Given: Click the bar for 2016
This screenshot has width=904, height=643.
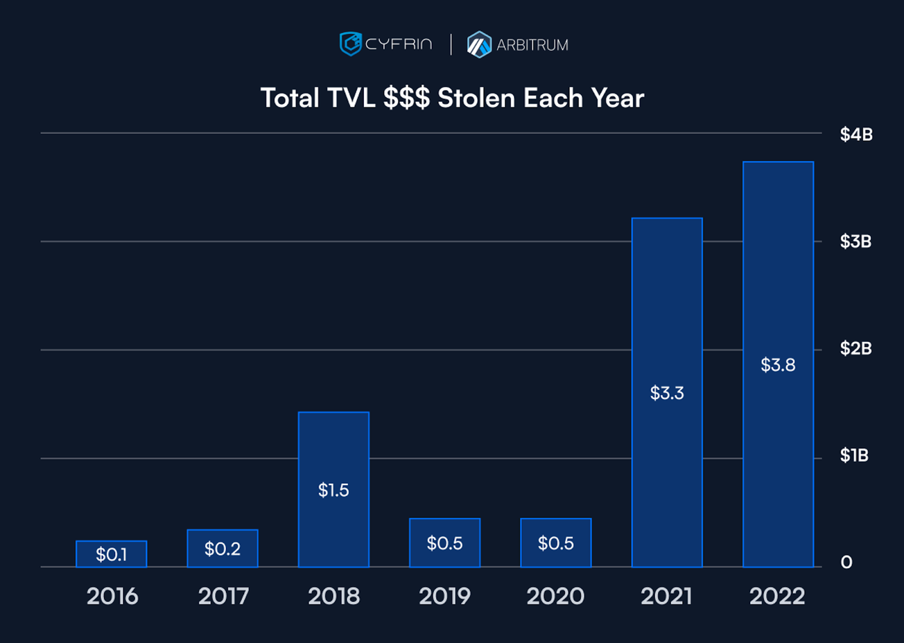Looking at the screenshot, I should [111, 554].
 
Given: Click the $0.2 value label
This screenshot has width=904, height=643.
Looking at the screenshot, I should [222, 549].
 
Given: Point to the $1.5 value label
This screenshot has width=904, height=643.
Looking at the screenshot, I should [333, 490].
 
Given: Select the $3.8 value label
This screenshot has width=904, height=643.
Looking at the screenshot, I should [778, 365].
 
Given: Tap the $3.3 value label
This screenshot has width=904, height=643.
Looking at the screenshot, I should [667, 393].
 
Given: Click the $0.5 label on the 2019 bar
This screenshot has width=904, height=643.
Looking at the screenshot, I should [445, 544].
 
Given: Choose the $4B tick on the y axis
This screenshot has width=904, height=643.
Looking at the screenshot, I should [856, 134].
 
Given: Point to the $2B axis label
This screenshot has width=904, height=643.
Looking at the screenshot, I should [856, 348].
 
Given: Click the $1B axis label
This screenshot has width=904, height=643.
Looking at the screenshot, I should [854, 456].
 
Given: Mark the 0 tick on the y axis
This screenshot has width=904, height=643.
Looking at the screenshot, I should [846, 562].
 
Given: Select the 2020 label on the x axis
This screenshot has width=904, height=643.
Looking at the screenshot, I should [555, 596].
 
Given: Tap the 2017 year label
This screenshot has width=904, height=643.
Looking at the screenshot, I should [223, 596].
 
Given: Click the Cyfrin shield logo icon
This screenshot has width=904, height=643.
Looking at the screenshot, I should [350, 44].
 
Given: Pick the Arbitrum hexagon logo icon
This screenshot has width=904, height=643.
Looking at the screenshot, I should [479, 45].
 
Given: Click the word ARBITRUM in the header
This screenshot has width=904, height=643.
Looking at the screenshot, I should [532, 45].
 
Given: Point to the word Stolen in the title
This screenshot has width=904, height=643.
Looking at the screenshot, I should [476, 98].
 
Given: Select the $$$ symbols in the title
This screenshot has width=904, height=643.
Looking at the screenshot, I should [406, 98].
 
